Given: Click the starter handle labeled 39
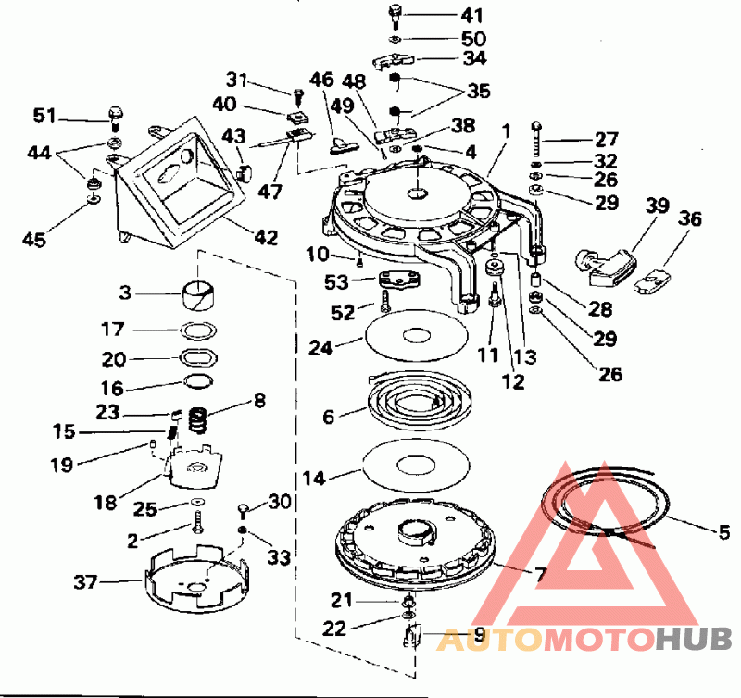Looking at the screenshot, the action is tap(608, 263).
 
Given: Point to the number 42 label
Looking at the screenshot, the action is tap(266, 238).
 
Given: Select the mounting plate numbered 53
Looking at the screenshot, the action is tap(396, 280).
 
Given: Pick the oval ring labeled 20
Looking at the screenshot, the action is tap(198, 357).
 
